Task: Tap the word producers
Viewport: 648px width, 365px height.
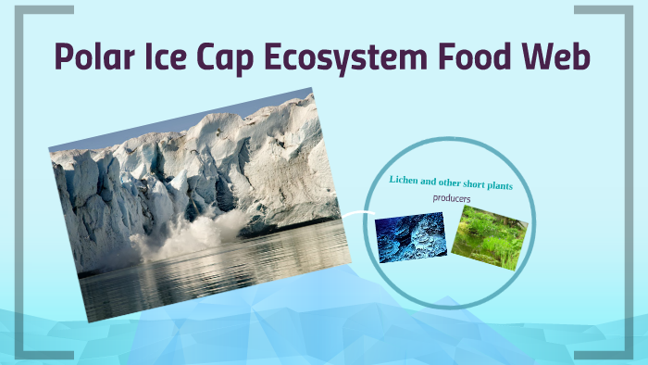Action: (452, 198)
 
